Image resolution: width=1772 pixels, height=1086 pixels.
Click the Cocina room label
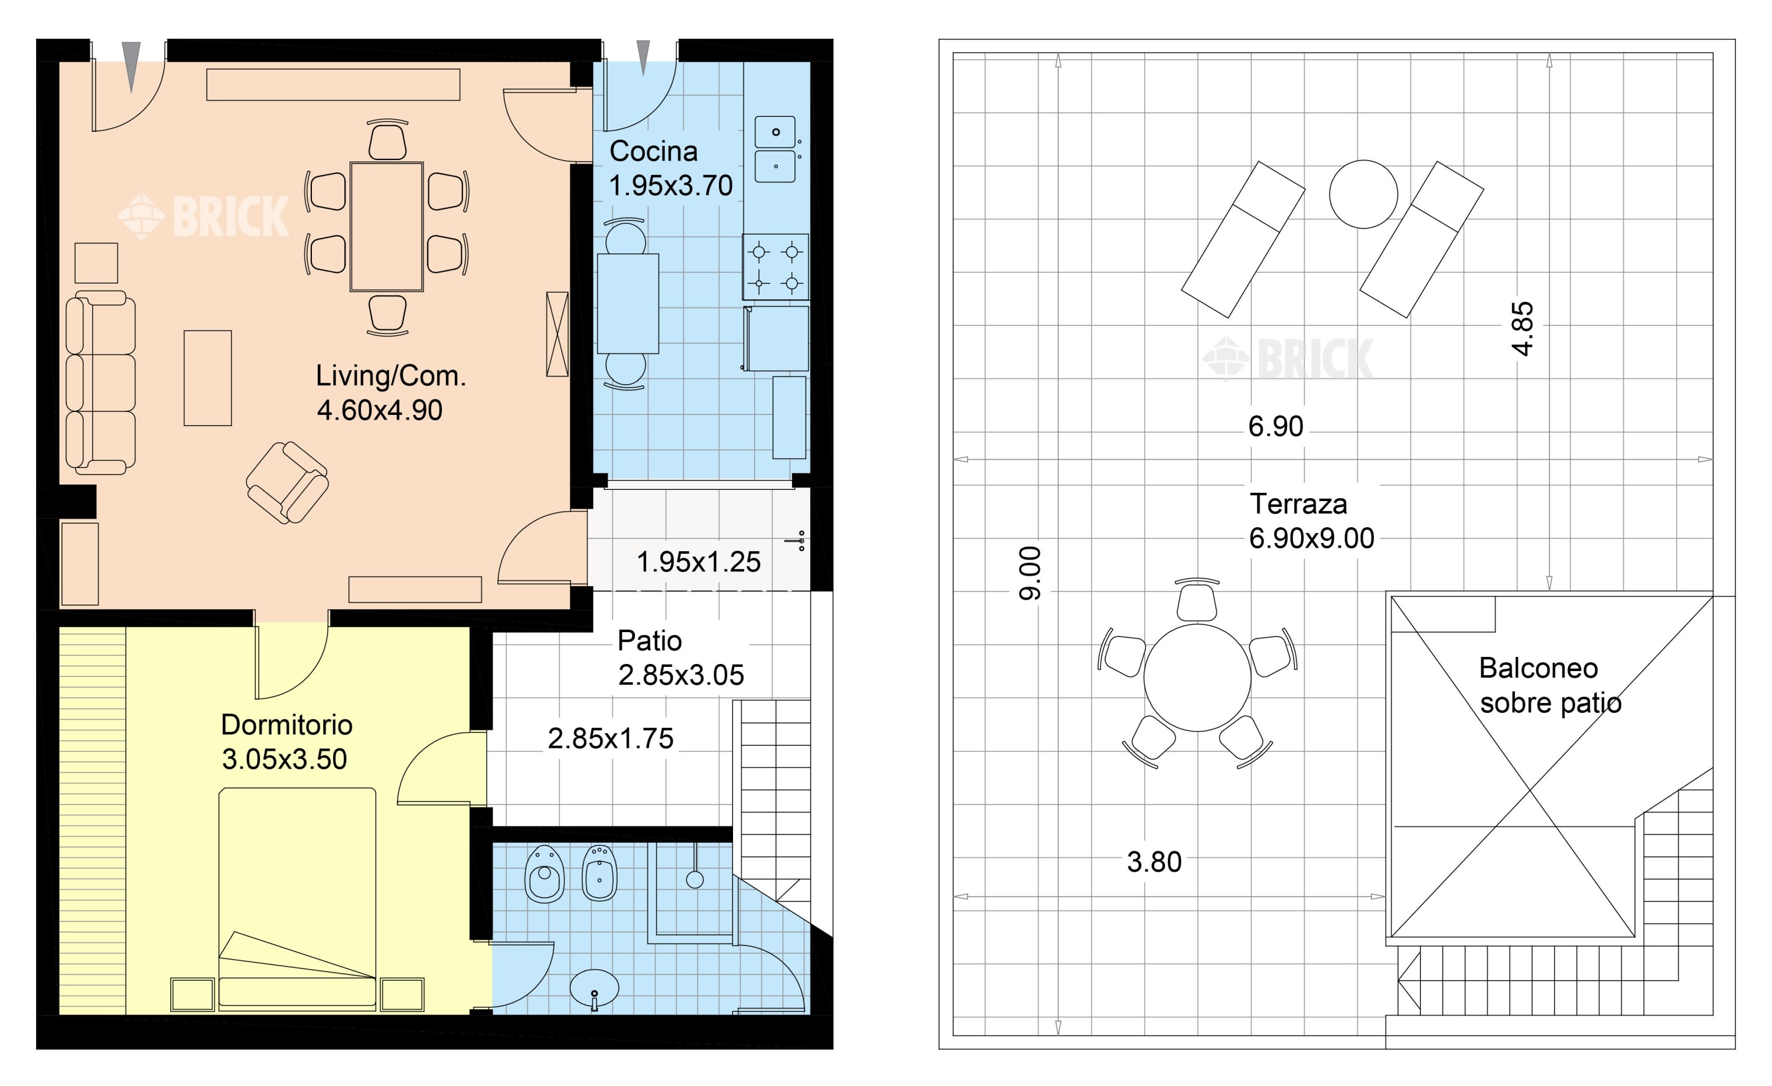coord(653,152)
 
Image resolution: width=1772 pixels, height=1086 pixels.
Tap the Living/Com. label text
coord(390,376)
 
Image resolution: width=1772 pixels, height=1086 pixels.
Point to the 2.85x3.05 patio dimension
coord(681,675)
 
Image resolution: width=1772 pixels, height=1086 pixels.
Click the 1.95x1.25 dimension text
coord(698,562)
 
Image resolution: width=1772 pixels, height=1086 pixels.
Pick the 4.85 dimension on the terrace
coord(1523,329)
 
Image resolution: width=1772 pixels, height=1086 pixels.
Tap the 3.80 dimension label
coord(1154,862)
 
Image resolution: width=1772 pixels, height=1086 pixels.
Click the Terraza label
coord(1298,504)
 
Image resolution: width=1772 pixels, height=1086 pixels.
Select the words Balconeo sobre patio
coord(1550,685)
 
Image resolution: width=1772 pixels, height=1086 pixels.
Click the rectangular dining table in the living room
coord(386,227)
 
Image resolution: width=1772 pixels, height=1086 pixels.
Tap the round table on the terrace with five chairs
coord(1197,678)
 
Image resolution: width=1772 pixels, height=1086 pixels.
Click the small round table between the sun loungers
coord(1363,194)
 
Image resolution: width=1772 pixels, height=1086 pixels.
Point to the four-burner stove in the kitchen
coord(775,267)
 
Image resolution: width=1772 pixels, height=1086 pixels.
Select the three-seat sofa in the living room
coord(100,382)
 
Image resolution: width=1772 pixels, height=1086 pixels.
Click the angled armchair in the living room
coord(288,482)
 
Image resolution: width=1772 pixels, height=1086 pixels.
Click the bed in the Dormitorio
coord(297,899)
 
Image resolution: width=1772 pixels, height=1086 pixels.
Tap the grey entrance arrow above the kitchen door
coord(643,57)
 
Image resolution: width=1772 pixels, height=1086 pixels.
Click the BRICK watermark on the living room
coord(204,215)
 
